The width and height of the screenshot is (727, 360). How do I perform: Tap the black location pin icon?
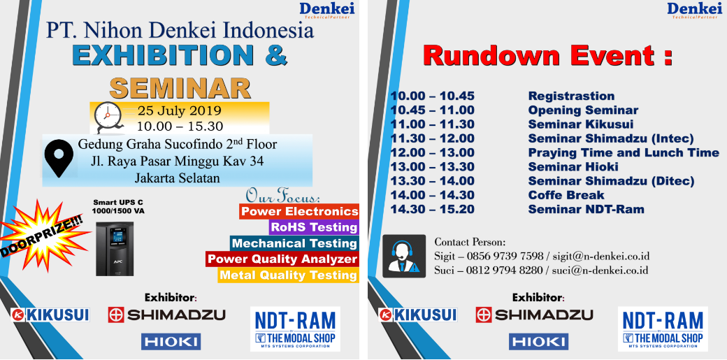point(59,159)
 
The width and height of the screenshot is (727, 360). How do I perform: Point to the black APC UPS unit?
point(115,248)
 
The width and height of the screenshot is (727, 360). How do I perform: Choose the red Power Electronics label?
point(299,212)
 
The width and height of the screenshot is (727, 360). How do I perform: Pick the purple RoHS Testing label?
point(314,227)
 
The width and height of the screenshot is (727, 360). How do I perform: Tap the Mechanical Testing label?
point(294,243)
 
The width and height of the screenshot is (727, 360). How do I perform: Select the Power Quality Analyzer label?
point(282,259)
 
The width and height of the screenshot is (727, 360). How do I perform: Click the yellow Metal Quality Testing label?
point(289,275)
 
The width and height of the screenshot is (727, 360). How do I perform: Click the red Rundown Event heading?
point(547,56)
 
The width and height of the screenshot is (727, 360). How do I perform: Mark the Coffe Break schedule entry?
point(566,195)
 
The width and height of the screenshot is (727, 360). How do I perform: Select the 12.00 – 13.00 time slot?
point(433,152)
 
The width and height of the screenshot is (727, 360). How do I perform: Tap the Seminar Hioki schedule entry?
point(573,166)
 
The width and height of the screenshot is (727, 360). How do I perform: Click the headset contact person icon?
point(404,256)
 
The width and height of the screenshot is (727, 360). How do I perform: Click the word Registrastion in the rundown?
point(571,96)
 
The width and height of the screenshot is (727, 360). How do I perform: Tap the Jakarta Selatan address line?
point(177,178)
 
